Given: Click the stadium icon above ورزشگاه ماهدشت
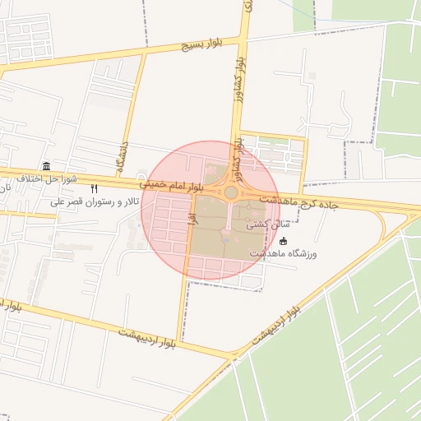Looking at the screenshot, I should coord(284,241).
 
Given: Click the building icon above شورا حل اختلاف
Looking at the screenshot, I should coord(46,166).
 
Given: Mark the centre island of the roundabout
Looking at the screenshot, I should coord(231,192).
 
